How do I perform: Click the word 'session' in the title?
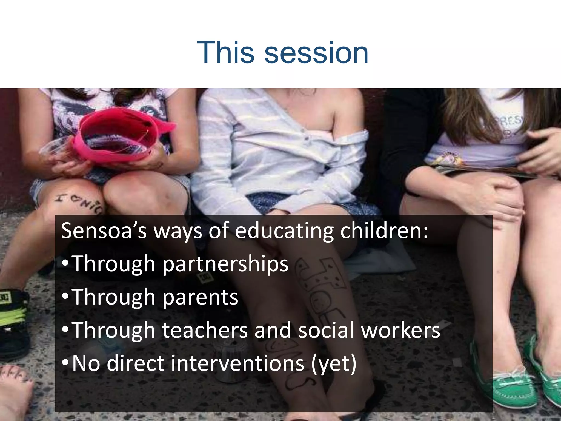[x=316, y=53]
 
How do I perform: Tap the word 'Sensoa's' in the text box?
[x=104, y=231]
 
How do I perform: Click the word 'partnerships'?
[x=225, y=264]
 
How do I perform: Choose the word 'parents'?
[x=200, y=298]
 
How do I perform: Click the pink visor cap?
[x=121, y=134]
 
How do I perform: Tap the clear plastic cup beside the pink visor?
[x=55, y=148]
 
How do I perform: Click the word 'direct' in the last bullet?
[x=136, y=363]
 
